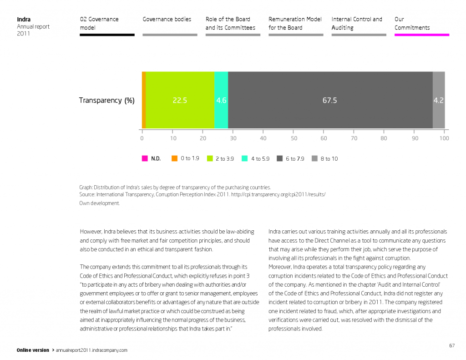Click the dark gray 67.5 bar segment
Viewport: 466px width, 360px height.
tap(330, 100)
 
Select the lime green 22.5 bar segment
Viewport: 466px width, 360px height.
tap(180, 100)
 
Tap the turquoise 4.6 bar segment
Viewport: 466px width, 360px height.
tap(221, 100)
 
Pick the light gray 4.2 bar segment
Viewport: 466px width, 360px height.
tap(438, 100)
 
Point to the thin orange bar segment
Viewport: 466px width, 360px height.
tap(144, 100)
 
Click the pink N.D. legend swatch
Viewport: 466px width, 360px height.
tap(145, 159)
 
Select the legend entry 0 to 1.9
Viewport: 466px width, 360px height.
tap(185, 159)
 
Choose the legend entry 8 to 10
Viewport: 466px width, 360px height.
tap(324, 159)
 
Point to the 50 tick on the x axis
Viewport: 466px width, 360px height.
tap(294, 138)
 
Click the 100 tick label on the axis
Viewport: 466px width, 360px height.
tap(444, 138)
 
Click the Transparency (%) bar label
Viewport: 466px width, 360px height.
tap(107, 101)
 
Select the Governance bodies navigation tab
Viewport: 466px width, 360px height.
tap(167, 20)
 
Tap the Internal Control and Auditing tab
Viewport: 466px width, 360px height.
tap(357, 24)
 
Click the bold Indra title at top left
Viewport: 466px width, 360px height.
tap(24, 20)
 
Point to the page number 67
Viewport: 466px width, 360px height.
tap(451, 345)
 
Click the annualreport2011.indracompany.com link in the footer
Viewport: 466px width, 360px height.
tap(91, 350)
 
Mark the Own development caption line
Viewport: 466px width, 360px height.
tap(100, 203)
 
